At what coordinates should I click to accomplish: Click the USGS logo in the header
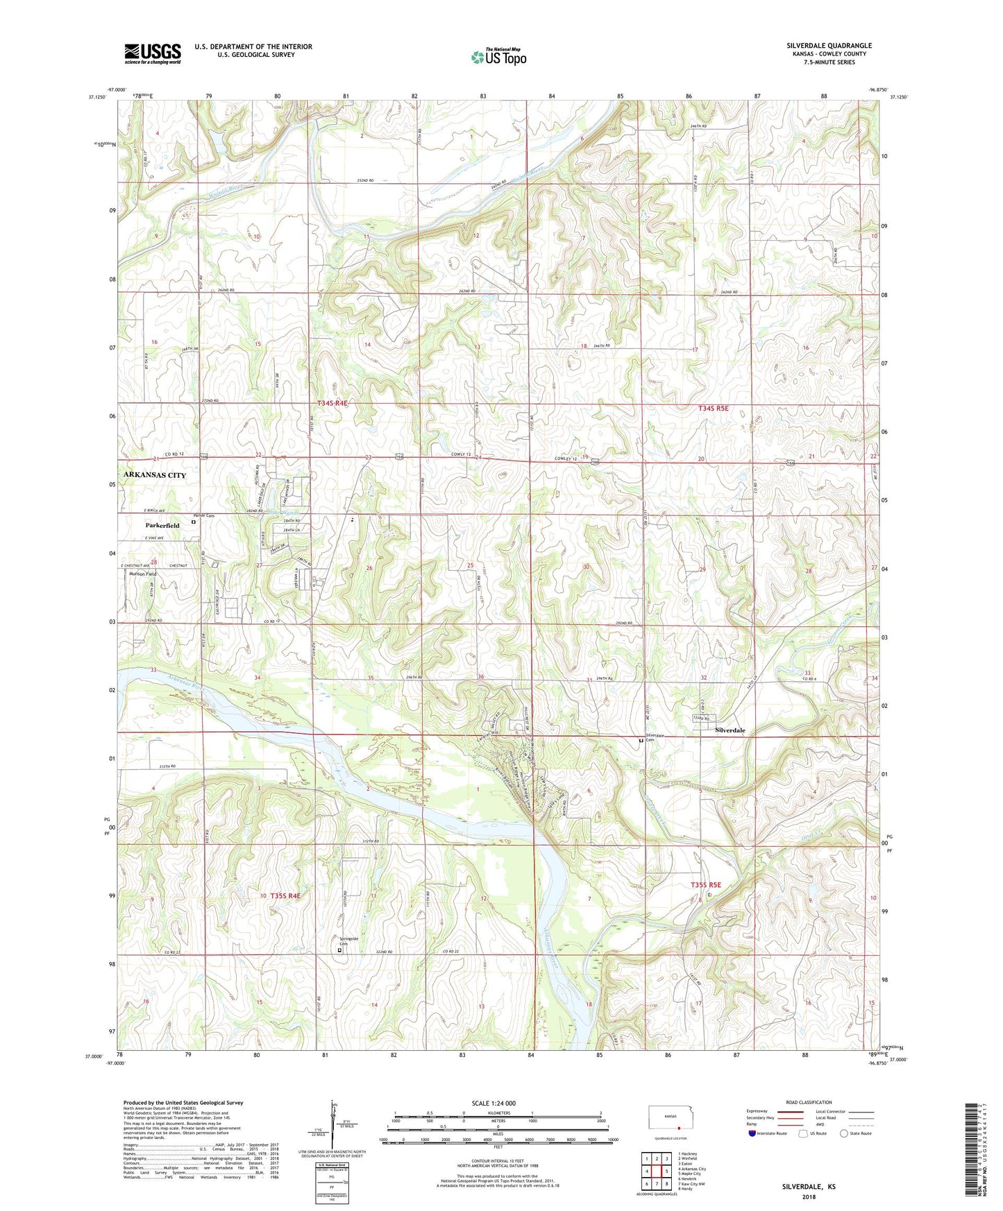tap(152, 53)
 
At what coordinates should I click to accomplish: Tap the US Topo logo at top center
tap(498, 57)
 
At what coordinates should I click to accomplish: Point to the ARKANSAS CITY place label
tap(155, 475)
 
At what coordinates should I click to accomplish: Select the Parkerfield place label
tap(162, 526)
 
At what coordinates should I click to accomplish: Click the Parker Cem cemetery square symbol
tap(193, 522)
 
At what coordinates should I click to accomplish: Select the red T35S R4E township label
tap(285, 895)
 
